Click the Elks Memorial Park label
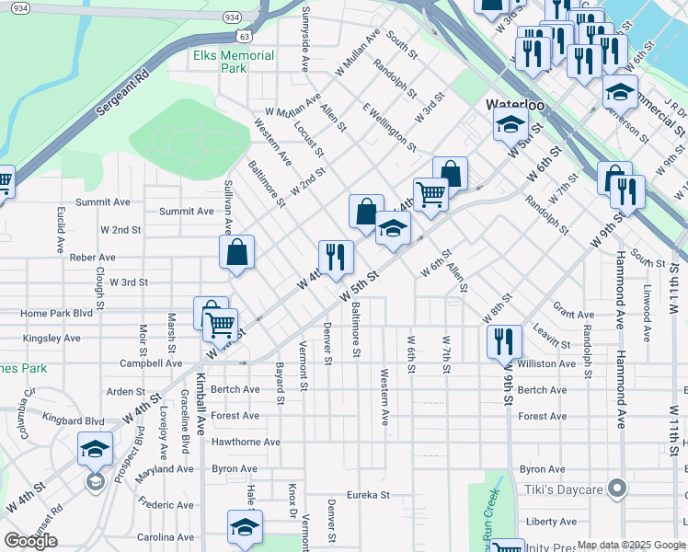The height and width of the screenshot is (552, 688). (x=234, y=62)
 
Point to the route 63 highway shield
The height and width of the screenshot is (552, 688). (x=243, y=36)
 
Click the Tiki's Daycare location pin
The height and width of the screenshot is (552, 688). (x=618, y=488)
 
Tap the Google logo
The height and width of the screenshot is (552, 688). (x=30, y=541)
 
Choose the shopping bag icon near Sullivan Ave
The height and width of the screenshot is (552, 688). (x=237, y=253)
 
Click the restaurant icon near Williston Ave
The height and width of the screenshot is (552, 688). (x=504, y=341)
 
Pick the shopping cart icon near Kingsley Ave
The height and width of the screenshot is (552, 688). (x=221, y=324)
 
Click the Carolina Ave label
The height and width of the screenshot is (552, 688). (x=163, y=536)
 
